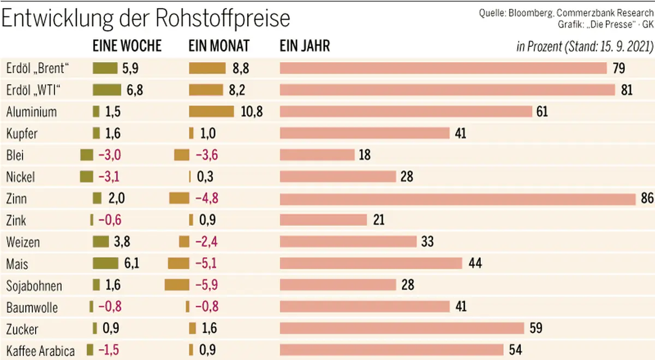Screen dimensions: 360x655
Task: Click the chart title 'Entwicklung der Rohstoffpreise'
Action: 146,19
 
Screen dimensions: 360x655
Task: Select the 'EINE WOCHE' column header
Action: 128,46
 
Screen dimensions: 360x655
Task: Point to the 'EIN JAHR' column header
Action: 305,46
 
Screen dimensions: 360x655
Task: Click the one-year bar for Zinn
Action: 457,199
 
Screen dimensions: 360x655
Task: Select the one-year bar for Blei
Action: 317,155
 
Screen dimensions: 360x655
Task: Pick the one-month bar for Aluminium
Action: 211,111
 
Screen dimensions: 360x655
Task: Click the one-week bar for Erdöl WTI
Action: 107,89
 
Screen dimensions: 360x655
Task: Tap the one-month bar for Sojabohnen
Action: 176,285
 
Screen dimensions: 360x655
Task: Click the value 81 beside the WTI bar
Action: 627,90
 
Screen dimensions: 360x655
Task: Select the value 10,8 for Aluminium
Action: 252,112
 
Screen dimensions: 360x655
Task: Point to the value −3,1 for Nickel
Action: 109,177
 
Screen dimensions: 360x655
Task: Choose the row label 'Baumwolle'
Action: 32,308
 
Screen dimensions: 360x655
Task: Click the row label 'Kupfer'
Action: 22,134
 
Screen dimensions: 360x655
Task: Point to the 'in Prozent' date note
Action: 585,46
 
